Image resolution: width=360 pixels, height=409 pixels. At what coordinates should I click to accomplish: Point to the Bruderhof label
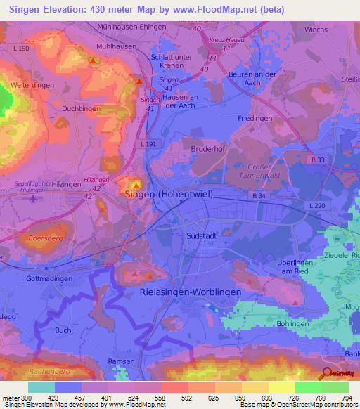(x=206, y=149)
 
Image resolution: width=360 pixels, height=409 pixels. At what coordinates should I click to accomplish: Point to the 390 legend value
(x=26, y=398)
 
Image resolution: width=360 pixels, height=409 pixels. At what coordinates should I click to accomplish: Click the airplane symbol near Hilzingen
(x=33, y=199)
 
